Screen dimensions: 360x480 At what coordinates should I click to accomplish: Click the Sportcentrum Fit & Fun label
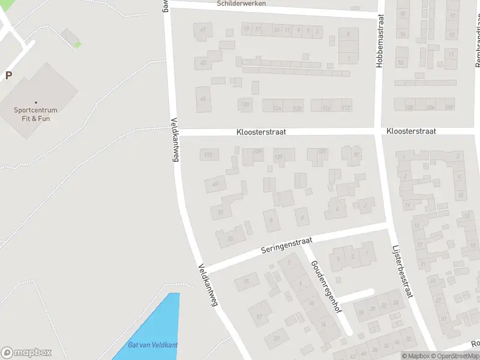[x=36, y=114]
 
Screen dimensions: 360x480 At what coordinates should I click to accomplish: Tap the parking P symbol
[x=8, y=76]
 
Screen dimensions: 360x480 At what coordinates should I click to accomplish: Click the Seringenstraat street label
[x=287, y=244]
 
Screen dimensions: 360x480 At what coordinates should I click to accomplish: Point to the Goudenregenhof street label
[x=326, y=287]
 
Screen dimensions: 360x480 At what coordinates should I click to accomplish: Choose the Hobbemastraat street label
[x=380, y=41]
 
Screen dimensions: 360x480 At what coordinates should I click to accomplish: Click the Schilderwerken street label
[x=241, y=4]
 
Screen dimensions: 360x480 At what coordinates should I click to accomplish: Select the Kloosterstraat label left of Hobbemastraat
[x=261, y=131]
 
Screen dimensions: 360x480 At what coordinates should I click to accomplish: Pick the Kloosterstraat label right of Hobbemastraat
[x=411, y=131]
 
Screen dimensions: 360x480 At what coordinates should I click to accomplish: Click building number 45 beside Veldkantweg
[x=203, y=99]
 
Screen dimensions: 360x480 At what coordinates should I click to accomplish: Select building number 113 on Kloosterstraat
[x=208, y=155]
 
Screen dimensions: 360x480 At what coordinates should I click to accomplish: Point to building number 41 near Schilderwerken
[x=203, y=30]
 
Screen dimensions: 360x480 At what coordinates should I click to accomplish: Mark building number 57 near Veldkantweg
[x=260, y=316]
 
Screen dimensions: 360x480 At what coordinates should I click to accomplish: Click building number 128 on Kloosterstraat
[x=245, y=104]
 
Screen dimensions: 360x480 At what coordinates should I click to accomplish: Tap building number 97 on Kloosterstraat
[x=356, y=155]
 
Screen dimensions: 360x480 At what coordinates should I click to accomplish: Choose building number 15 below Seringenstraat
[x=245, y=281]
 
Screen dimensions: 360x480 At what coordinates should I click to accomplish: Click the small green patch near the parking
[x=77, y=44]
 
